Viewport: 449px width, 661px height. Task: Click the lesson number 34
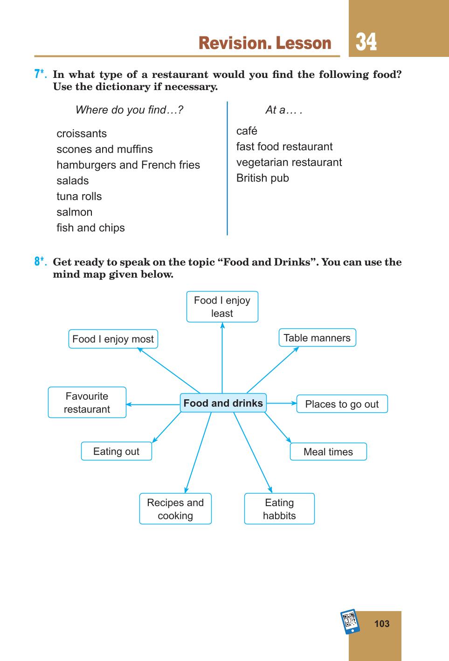point(366,42)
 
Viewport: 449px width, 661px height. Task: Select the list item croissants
point(82,134)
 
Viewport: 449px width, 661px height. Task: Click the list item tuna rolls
point(79,196)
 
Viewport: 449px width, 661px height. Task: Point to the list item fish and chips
point(90,228)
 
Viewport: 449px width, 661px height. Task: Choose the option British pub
point(262,178)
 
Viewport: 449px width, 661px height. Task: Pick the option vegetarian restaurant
point(289,162)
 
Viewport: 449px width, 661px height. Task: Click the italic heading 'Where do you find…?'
point(129,110)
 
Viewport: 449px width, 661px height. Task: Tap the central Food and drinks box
point(223,403)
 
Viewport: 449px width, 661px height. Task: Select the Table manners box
point(317,338)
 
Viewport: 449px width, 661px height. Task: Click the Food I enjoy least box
point(222,306)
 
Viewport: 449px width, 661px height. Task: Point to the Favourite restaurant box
point(87,402)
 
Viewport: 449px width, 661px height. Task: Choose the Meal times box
point(328,452)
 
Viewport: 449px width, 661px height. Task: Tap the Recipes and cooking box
point(175,509)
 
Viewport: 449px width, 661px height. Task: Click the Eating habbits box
point(279,509)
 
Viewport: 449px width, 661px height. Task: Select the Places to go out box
point(342,404)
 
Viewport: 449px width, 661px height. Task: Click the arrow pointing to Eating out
point(166,427)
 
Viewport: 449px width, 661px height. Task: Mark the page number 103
point(382,624)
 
